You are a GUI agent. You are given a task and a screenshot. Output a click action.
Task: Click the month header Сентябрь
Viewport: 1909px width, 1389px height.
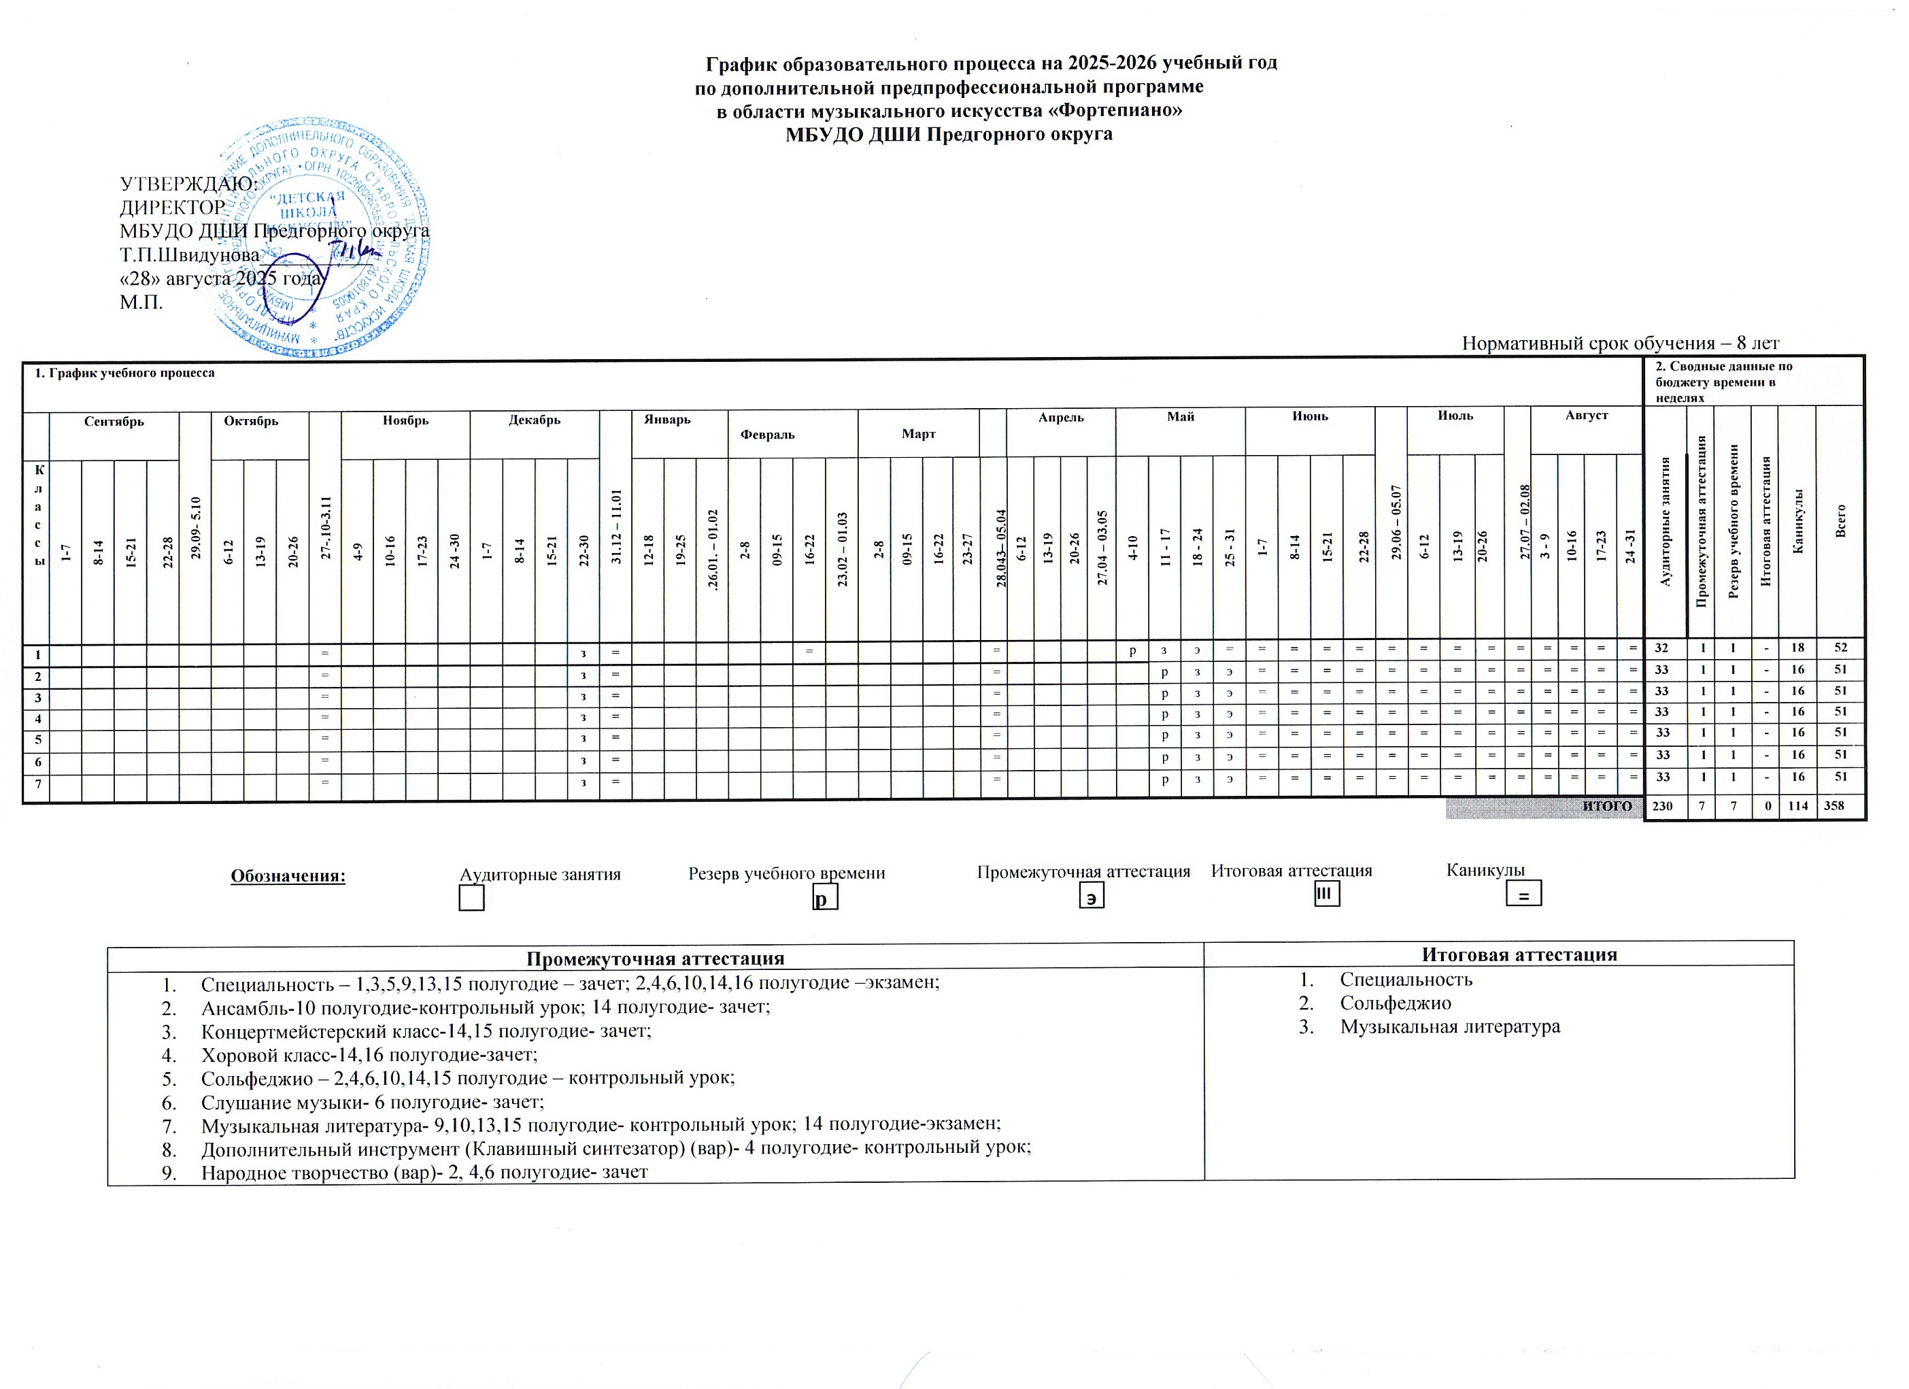[x=114, y=421]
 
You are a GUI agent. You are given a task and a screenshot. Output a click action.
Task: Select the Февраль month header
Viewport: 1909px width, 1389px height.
[x=767, y=435]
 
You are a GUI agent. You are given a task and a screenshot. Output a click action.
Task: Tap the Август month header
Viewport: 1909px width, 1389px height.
[x=1586, y=415]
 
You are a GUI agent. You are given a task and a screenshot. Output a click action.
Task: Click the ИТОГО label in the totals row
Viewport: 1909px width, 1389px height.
[x=1607, y=805]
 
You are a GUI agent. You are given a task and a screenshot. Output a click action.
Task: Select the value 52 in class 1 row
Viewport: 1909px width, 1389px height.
[x=1841, y=648]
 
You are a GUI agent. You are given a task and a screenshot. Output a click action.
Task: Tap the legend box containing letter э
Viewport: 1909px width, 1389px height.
[x=1091, y=898]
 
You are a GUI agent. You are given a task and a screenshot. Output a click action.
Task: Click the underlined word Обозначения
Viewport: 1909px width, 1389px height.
[x=288, y=875]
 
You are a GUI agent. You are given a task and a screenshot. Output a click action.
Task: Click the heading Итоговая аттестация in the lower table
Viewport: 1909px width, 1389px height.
[x=1519, y=954]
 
